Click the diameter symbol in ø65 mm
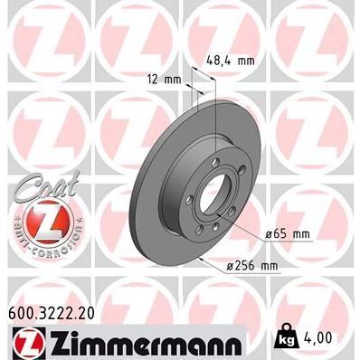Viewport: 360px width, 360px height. coord(269,235)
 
